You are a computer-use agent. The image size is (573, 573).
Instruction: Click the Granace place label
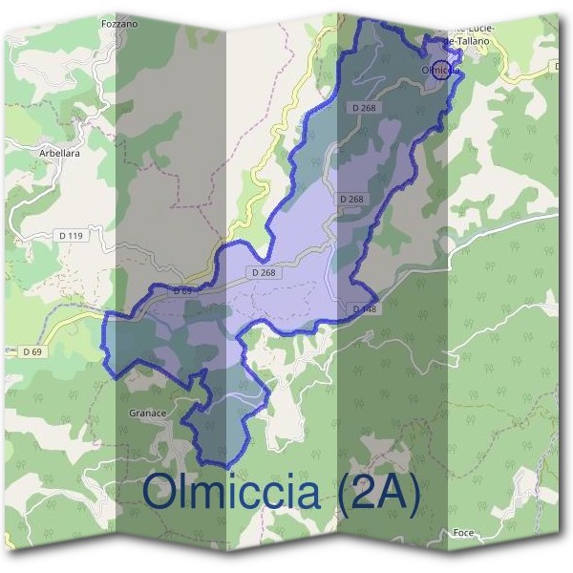148,414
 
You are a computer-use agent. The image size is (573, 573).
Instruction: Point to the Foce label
464,533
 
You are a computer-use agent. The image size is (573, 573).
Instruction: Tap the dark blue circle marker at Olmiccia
439,69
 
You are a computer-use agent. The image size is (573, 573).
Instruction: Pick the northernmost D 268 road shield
364,108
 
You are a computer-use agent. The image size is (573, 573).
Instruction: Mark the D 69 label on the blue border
181,289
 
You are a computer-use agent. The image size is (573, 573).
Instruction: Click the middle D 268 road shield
350,199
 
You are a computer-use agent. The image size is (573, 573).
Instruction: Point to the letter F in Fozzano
102,22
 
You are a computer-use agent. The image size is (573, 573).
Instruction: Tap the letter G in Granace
131,414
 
